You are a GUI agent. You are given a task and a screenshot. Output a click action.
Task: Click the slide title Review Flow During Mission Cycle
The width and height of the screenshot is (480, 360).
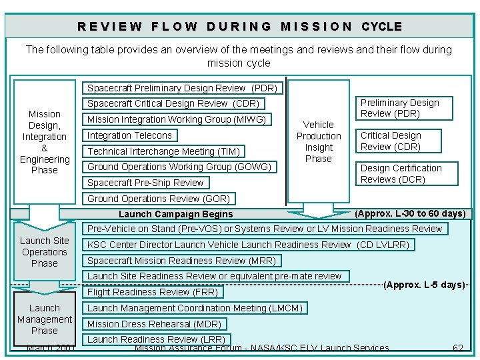(239, 27)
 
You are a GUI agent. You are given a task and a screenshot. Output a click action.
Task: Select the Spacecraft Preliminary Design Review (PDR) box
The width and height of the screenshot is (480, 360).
(183, 87)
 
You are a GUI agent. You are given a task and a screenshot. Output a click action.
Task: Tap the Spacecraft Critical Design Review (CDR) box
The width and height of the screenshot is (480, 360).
(173, 103)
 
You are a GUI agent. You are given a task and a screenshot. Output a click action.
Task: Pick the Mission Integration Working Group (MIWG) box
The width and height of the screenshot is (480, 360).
(177, 119)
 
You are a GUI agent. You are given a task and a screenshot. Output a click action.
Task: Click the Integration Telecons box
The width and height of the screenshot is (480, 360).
(129, 135)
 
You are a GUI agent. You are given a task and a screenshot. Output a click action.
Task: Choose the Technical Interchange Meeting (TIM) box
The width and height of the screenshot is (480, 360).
(163, 151)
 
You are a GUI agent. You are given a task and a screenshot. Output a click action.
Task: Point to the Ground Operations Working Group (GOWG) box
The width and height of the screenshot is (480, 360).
(179, 167)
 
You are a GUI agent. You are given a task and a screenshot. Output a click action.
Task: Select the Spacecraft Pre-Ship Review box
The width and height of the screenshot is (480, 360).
(145, 183)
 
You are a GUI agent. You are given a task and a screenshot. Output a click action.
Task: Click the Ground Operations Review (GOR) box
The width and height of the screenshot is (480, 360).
(158, 199)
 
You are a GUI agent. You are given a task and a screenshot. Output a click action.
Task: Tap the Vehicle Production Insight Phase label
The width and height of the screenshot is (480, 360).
(318, 141)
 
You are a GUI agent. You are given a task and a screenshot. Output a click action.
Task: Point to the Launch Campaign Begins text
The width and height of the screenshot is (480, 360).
(175, 214)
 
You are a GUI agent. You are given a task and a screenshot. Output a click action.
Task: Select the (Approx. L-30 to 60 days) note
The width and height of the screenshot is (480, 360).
(410, 213)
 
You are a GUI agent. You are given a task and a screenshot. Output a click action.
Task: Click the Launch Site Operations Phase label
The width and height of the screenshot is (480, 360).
(44, 252)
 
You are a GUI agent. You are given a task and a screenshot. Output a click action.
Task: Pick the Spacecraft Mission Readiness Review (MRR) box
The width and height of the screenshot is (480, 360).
(181, 261)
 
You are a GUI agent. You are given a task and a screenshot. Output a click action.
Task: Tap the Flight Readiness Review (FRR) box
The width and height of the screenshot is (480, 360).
(152, 291)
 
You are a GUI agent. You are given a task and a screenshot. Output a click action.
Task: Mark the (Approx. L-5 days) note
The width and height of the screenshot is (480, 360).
(424, 285)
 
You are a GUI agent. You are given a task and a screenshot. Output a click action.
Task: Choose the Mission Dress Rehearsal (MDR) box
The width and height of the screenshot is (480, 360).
(154, 324)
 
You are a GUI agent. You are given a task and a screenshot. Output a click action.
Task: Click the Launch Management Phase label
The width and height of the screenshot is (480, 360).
(44, 319)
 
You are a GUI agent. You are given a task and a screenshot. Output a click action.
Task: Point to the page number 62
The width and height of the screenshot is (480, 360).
(457, 348)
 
